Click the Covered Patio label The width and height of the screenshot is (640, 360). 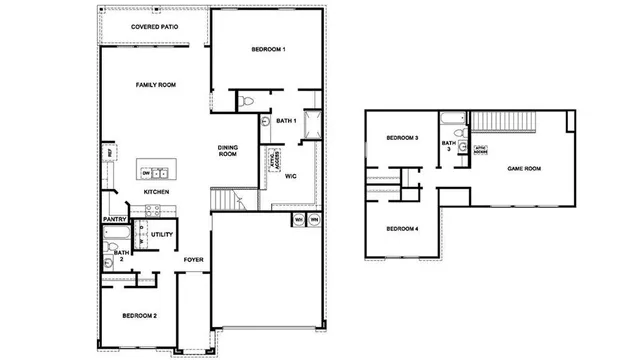click(155, 26)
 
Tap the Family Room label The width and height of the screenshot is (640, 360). click(156, 86)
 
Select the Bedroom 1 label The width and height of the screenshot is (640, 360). click(268, 50)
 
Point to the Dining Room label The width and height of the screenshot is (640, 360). click(228, 151)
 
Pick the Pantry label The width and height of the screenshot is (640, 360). click(113, 219)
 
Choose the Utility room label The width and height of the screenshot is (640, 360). click(163, 235)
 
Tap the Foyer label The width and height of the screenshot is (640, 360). click(193, 260)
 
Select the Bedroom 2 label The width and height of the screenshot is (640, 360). click(139, 316)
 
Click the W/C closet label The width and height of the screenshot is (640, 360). click(290, 176)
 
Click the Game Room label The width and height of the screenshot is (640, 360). click(524, 169)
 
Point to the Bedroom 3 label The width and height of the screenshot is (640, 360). click(403, 138)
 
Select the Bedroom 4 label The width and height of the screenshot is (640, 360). click(403, 229)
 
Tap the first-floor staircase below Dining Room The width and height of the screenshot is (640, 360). click(229, 201)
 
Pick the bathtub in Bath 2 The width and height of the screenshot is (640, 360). click(113, 236)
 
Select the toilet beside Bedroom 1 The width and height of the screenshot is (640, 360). click(247, 100)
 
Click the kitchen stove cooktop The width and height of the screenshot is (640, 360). click(154, 210)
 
